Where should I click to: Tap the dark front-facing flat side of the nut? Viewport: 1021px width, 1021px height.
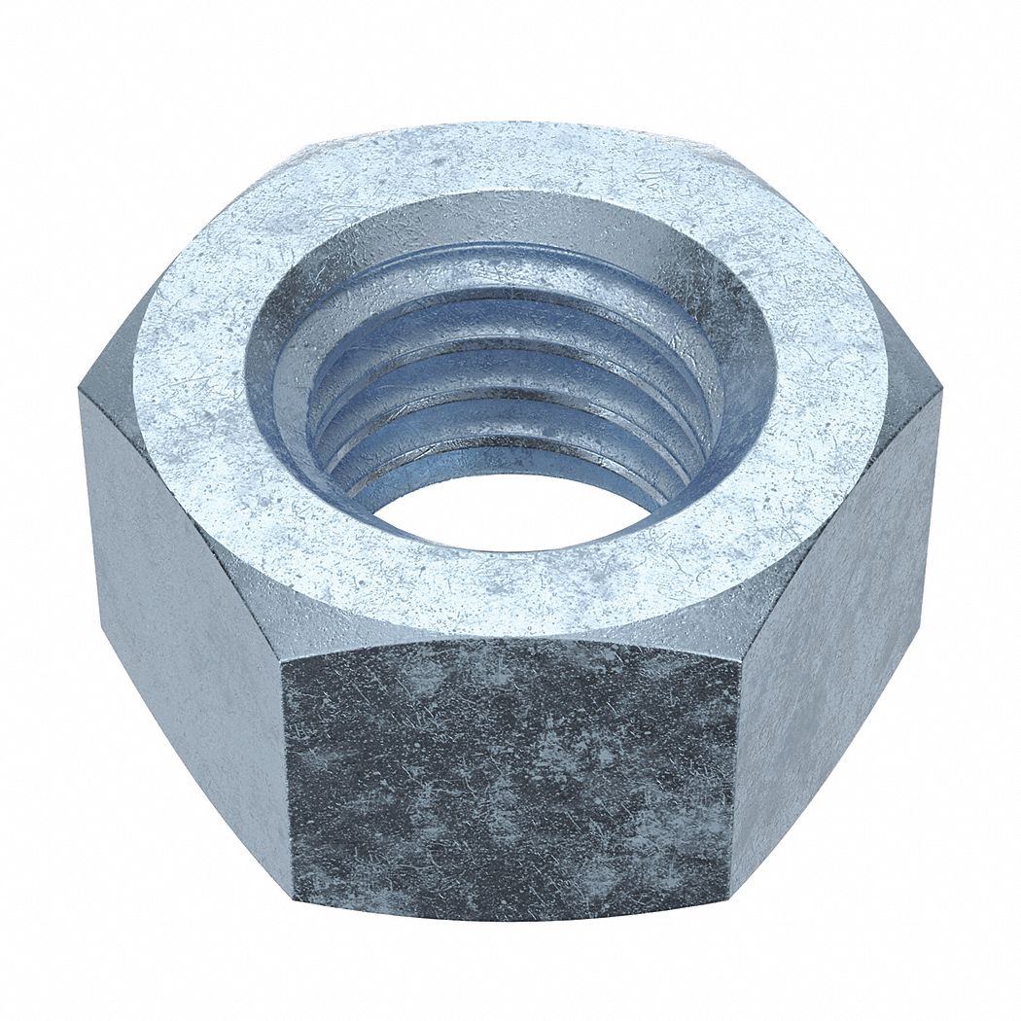(510, 778)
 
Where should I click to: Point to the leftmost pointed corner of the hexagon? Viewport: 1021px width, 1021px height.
(80, 394)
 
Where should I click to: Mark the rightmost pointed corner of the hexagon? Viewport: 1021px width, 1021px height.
(941, 394)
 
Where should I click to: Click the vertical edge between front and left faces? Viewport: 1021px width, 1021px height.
(289, 778)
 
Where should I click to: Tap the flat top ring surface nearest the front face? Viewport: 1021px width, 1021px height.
(510, 593)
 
